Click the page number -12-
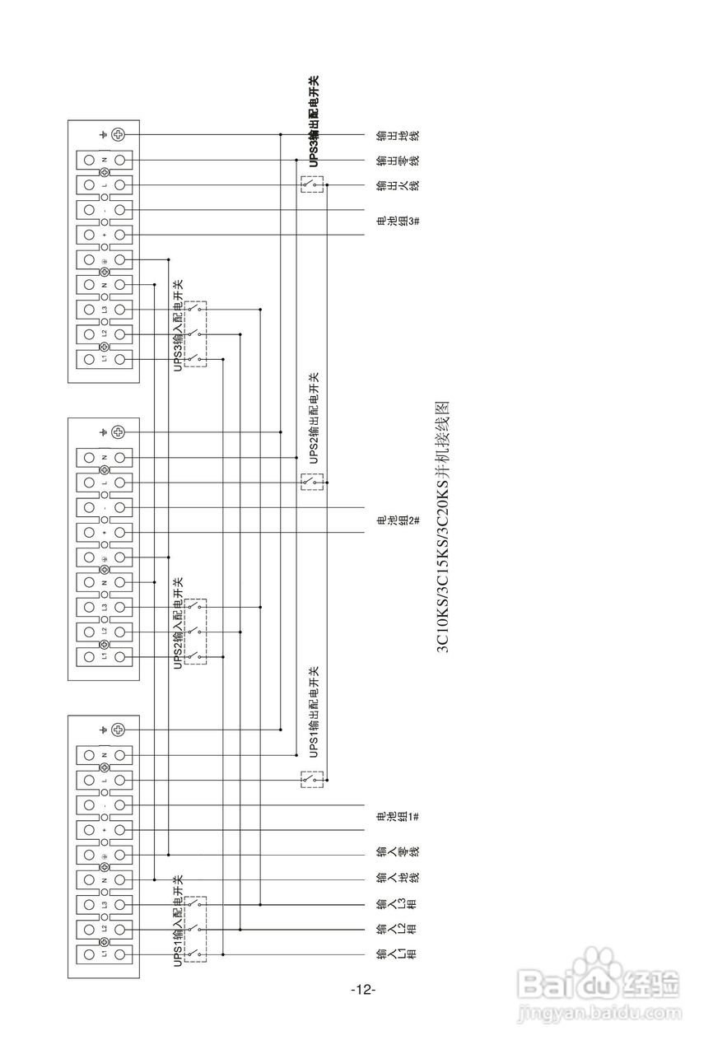[363, 990]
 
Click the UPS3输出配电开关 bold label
[313, 122]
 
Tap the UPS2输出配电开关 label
[313, 419]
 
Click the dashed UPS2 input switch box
[195, 632]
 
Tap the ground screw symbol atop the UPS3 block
[118, 134]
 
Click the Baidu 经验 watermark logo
[599, 985]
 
